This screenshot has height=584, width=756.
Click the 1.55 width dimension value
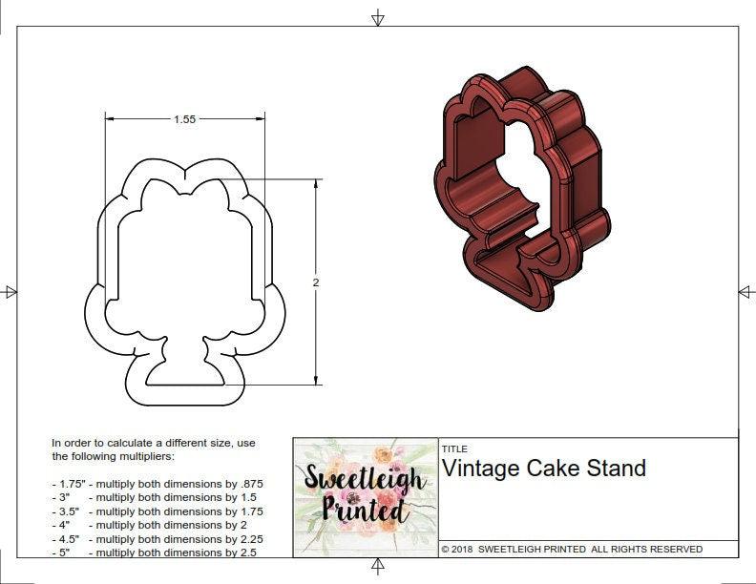tap(185, 119)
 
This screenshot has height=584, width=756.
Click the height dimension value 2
tap(316, 282)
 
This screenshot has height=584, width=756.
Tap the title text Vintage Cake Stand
tap(543, 469)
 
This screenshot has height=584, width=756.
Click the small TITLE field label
tap(453, 448)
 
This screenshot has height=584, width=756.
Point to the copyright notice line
tap(572, 549)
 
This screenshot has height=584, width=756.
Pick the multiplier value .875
tap(249, 484)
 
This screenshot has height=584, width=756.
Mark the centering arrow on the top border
tap(378, 17)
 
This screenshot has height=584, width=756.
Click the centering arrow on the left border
tap(10, 292)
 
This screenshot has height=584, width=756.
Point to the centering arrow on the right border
tap(745, 292)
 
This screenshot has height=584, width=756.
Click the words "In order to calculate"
tap(101, 443)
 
